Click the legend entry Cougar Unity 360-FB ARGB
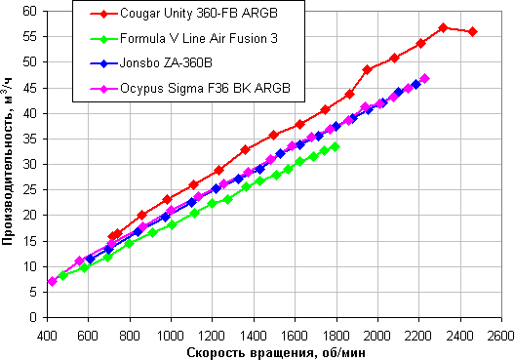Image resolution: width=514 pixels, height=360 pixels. (199, 13)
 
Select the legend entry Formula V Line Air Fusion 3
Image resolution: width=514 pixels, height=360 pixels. (199, 38)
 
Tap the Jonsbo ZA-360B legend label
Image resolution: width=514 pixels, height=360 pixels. (166, 62)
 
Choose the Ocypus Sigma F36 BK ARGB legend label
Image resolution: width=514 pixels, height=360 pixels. (205, 88)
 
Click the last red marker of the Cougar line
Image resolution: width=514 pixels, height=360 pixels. (473, 32)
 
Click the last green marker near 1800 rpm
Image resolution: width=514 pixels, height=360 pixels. (335, 146)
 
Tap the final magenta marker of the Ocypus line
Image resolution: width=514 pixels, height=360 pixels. (425, 79)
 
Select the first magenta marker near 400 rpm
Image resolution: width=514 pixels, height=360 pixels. (52, 281)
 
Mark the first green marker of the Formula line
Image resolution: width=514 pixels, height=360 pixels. (62, 275)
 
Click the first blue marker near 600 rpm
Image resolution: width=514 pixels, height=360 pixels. (90, 259)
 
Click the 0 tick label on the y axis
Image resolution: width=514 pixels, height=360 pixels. (33, 317)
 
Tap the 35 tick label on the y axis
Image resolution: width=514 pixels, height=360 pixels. (29, 139)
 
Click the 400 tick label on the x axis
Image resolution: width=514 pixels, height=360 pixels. (48, 337)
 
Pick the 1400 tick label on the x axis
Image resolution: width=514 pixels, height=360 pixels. (254, 337)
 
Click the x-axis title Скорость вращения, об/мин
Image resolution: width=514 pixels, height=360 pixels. (276, 353)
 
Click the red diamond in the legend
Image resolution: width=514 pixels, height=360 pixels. (103, 14)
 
